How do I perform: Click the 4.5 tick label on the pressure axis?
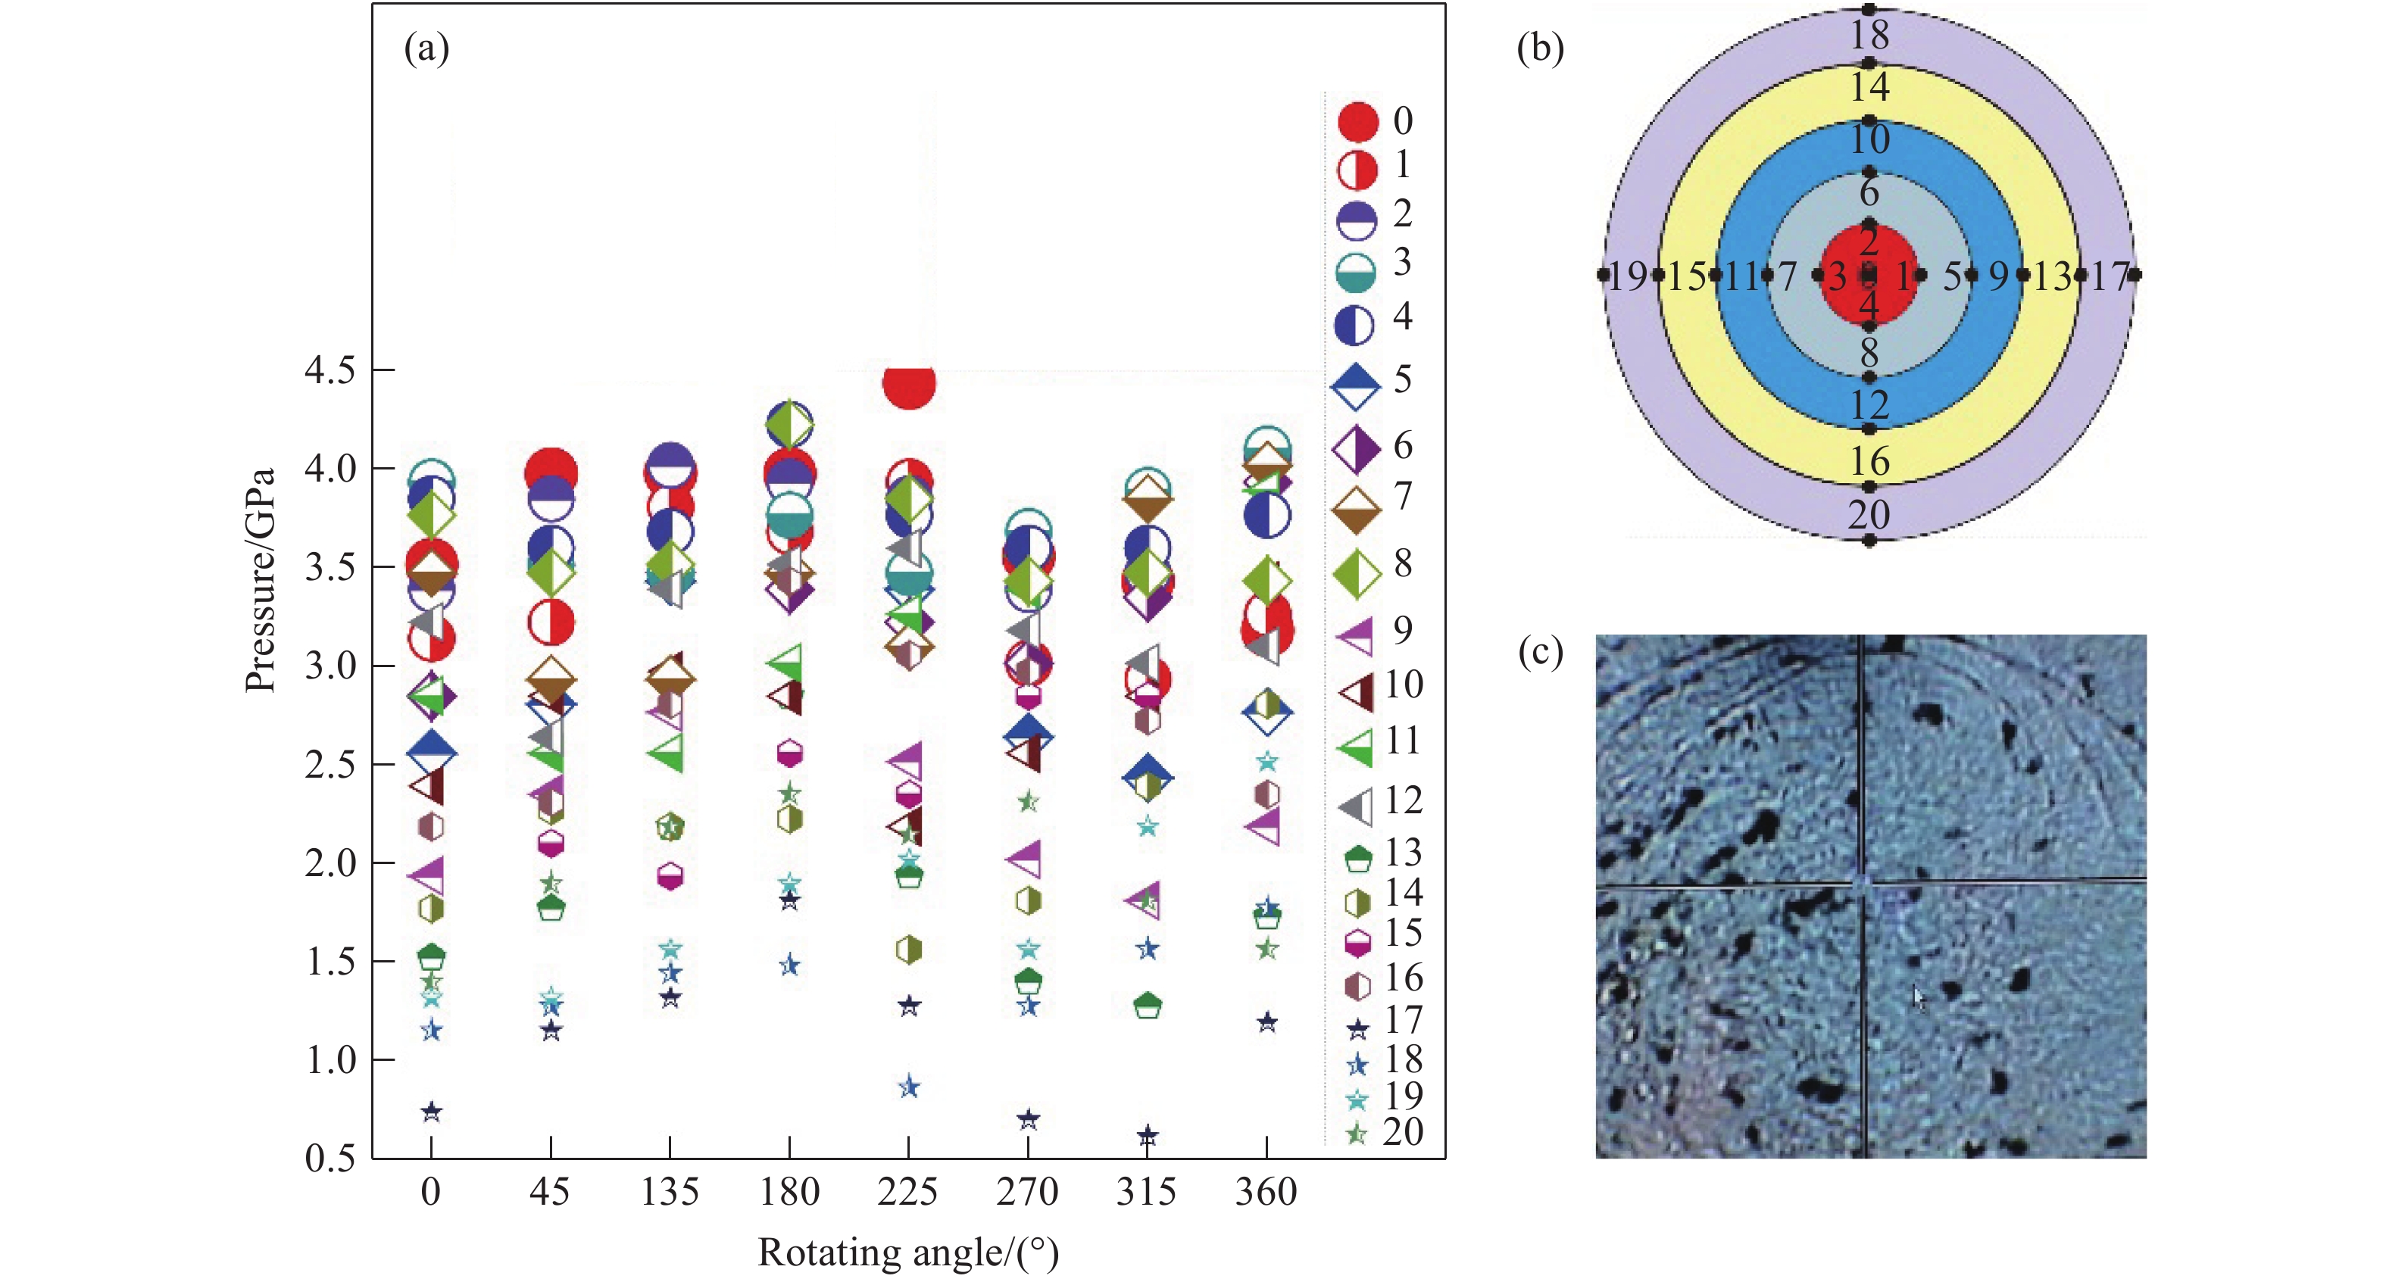(x=329, y=370)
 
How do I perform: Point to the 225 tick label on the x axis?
(x=907, y=1191)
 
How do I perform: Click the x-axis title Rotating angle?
(x=907, y=1252)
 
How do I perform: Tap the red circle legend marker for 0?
(x=1358, y=122)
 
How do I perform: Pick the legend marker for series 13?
(x=1358, y=859)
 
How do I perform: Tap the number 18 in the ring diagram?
(x=1869, y=35)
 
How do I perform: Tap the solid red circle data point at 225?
(x=909, y=383)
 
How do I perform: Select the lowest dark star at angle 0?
(x=432, y=1112)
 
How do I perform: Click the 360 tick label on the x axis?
(x=1266, y=1191)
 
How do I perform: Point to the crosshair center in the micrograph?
(x=1863, y=882)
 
